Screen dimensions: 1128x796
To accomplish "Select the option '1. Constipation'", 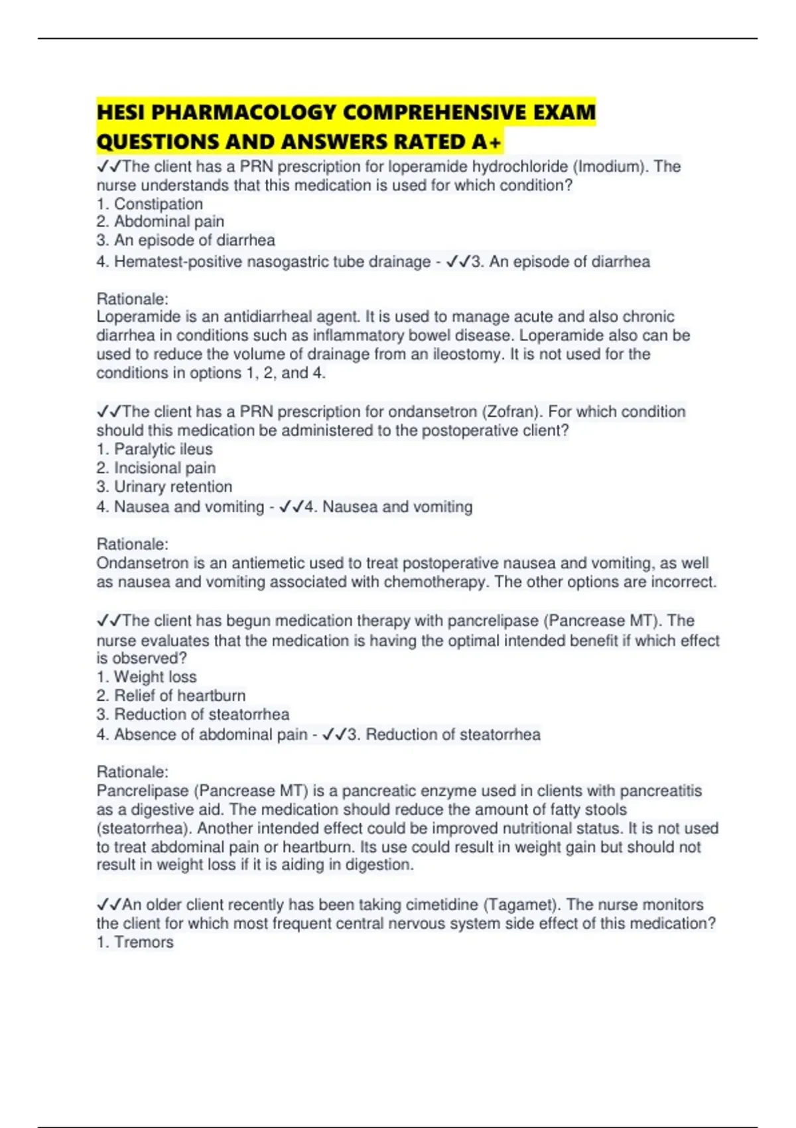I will pos(150,204).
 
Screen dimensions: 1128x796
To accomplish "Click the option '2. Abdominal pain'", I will pos(161,222).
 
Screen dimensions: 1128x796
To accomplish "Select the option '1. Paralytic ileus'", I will pos(155,449).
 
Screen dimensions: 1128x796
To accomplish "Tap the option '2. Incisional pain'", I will pos(156,468).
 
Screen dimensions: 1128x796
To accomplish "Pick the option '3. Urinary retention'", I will pos(165,486).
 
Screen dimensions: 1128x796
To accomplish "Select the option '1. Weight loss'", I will pos(147,677).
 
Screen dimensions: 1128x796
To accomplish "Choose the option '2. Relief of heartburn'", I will pos(171,695).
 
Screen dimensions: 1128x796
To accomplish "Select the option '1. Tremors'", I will pos(135,942).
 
